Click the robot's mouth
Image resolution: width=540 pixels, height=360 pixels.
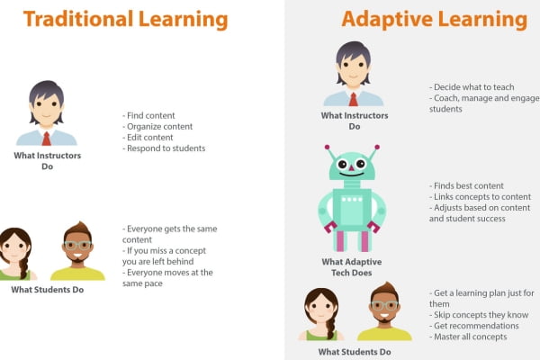(352, 177)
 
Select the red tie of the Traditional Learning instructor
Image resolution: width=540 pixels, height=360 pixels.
(46, 138)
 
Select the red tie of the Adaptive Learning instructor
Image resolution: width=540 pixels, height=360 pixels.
(354, 99)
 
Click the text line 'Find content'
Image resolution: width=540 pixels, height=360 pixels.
(149, 116)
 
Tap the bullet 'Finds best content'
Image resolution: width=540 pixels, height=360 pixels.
(466, 185)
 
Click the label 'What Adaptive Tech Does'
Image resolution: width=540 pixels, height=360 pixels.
(350, 267)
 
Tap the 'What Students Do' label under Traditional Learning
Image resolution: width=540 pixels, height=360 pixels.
(47, 290)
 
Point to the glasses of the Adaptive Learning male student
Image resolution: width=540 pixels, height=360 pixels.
(384, 306)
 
